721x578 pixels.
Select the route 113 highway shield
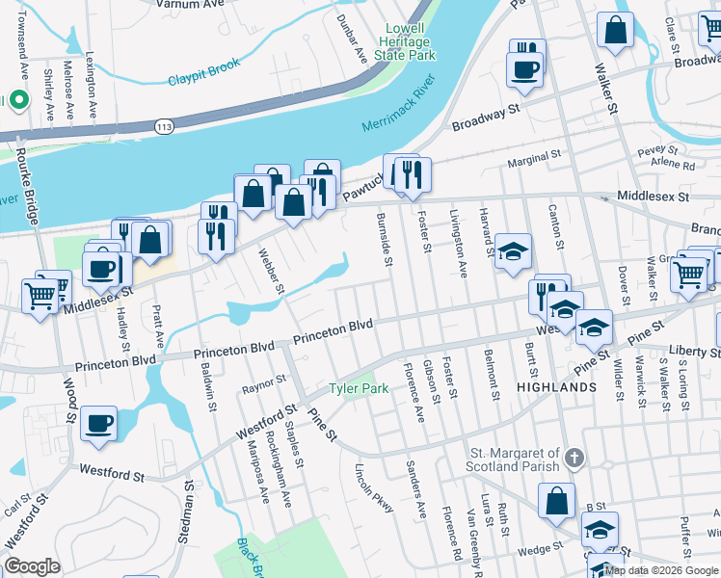click(x=163, y=125)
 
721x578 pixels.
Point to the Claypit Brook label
click(x=202, y=80)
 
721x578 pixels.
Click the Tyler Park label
click(x=359, y=388)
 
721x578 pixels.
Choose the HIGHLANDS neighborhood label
click(x=556, y=386)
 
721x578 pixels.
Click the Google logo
click(x=32, y=565)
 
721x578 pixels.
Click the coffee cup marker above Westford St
click(x=98, y=423)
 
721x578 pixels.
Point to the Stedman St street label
click(x=189, y=512)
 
